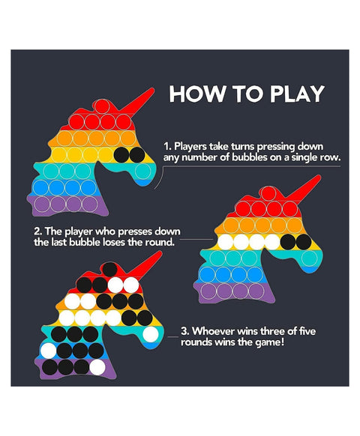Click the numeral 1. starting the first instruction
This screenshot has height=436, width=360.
click(166, 146)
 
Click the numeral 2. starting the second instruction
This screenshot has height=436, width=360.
click(37, 231)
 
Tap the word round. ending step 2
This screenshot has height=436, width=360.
click(160, 242)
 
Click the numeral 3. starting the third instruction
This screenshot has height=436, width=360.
click(184, 331)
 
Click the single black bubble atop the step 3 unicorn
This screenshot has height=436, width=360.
click(109, 269)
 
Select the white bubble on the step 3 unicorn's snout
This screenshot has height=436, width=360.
click(151, 334)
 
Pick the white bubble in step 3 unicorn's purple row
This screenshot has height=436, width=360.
click(97, 367)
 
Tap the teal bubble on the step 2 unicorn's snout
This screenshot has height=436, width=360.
click(309, 258)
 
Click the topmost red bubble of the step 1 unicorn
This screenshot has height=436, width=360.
click(101, 106)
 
